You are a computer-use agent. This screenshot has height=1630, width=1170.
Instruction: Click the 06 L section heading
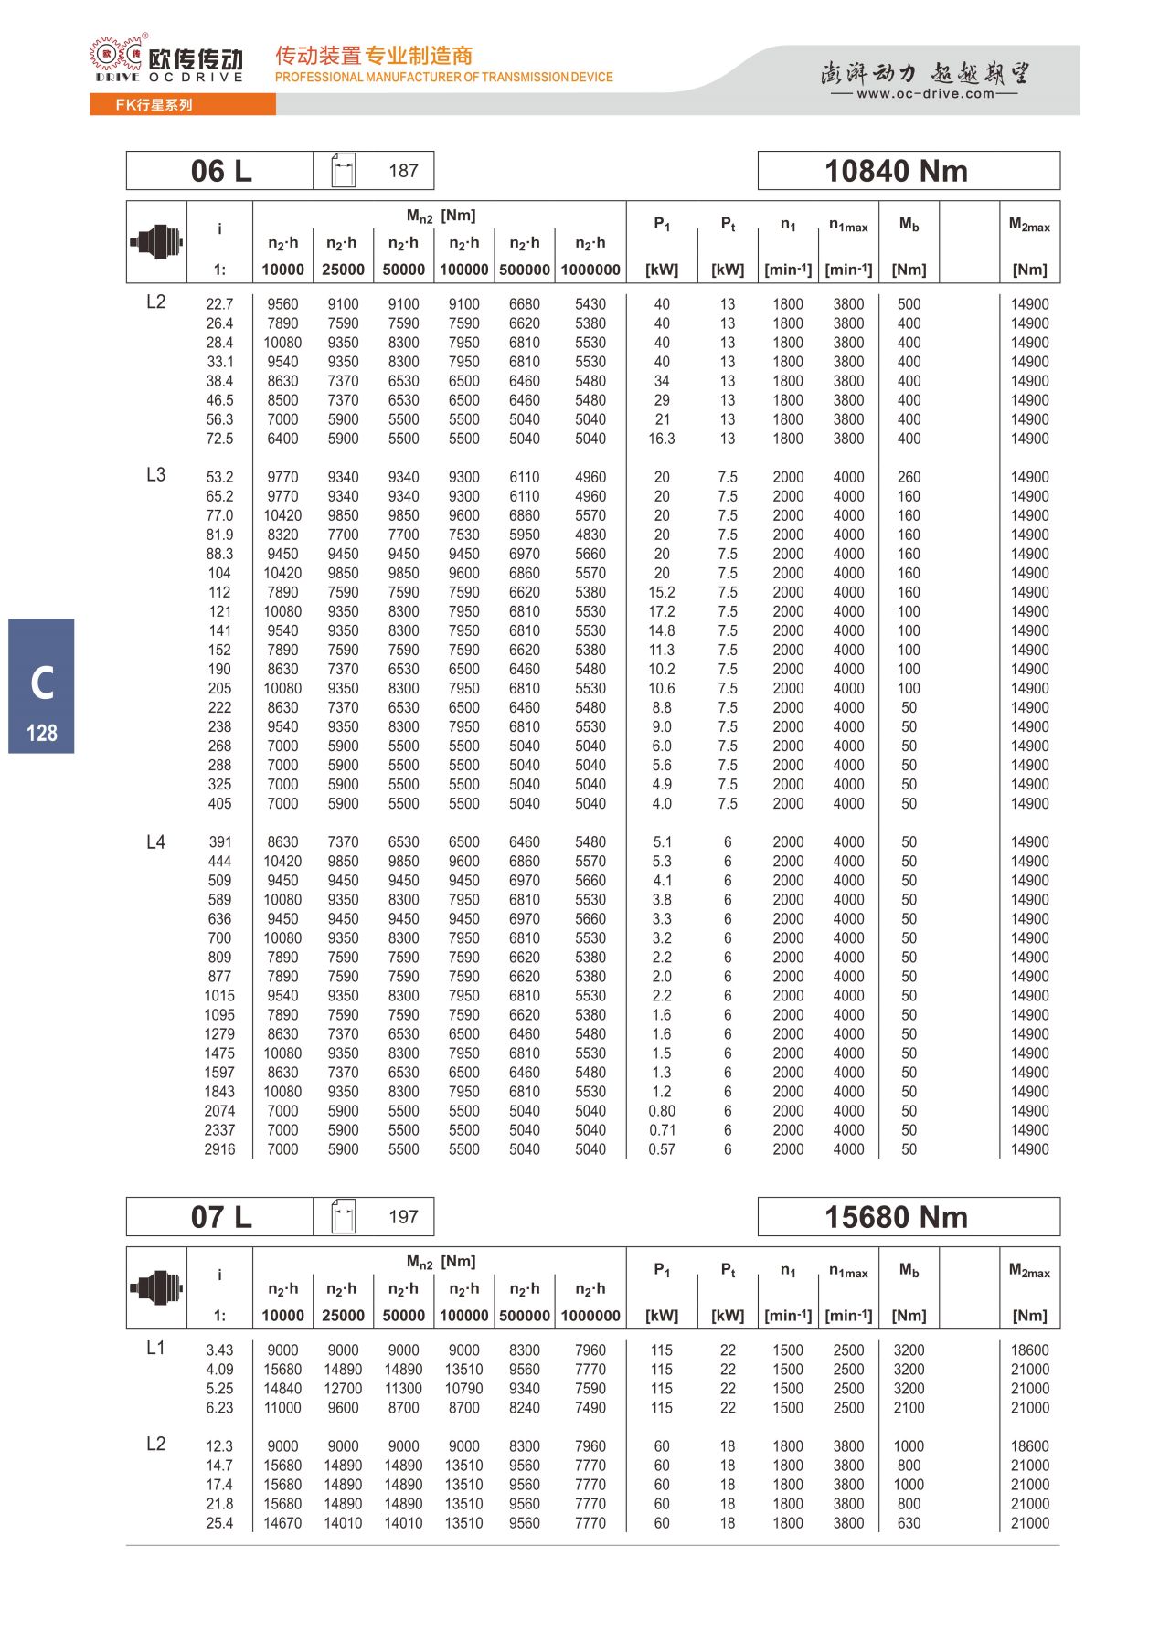tap(220, 171)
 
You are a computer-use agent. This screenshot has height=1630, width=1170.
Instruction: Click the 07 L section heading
tap(220, 1217)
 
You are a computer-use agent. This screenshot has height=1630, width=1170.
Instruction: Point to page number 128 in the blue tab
tap(42, 733)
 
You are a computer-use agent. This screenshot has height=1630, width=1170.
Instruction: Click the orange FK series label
tap(154, 105)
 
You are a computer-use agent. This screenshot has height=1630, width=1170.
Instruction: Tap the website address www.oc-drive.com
tap(925, 93)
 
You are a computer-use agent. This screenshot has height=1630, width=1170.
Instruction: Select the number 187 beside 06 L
tap(403, 171)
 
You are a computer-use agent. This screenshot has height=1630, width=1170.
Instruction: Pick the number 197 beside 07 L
tap(403, 1217)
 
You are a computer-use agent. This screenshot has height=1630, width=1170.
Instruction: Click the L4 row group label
tap(156, 841)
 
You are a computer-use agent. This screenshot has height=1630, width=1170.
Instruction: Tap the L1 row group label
tap(156, 1348)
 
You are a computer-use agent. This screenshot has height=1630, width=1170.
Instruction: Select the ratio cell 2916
tap(219, 1149)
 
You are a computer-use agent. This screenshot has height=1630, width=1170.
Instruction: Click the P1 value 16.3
tap(662, 439)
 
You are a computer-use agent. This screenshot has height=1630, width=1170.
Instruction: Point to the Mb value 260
tap(909, 477)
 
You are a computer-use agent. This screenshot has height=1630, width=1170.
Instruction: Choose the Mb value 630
tap(909, 1523)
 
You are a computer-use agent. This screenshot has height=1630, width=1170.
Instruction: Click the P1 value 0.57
tap(662, 1149)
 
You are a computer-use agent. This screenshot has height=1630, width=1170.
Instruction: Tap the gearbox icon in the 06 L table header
tap(156, 242)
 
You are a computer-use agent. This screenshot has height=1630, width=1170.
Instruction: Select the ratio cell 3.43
tap(219, 1350)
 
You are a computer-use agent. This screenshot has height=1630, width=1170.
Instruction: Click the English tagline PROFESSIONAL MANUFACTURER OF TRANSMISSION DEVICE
tap(444, 78)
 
